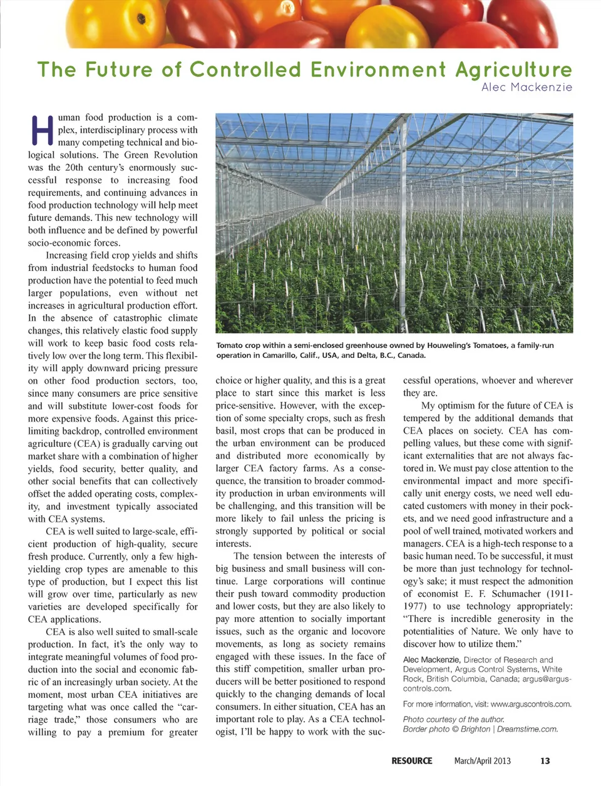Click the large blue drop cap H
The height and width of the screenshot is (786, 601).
(x=41, y=130)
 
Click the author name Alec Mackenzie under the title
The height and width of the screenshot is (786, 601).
(x=527, y=87)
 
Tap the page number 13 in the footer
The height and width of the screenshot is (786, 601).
(x=545, y=761)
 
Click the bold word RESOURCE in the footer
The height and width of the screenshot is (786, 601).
(x=411, y=761)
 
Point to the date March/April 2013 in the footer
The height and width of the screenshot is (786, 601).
(x=482, y=761)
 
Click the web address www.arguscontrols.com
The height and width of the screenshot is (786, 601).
(x=530, y=704)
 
